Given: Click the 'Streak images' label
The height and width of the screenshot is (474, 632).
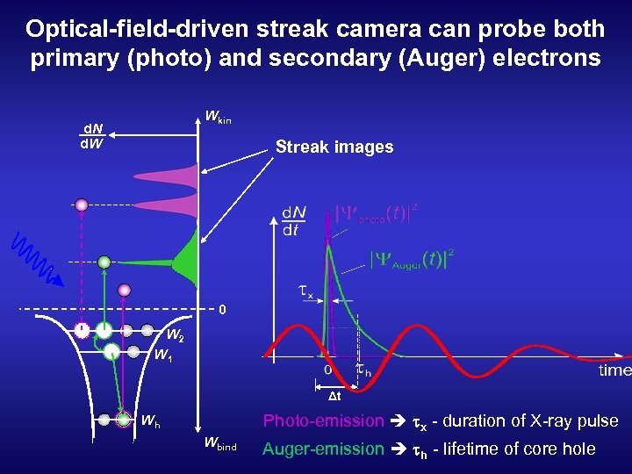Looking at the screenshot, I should pyautogui.click(x=334, y=147).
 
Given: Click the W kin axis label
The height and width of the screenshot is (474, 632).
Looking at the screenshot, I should pyautogui.click(x=217, y=116).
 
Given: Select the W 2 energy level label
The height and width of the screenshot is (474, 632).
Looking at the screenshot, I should pyautogui.click(x=174, y=335).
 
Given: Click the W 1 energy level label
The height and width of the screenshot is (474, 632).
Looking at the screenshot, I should pyautogui.click(x=162, y=355).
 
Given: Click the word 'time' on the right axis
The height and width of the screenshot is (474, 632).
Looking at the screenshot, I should pyautogui.click(x=614, y=370).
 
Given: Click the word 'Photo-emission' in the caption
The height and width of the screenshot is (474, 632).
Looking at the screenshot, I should pyautogui.click(x=323, y=421).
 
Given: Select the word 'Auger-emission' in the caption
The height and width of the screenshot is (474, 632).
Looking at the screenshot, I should pyautogui.click(x=323, y=449).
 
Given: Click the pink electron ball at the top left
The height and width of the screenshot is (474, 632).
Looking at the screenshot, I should pyautogui.click(x=82, y=205).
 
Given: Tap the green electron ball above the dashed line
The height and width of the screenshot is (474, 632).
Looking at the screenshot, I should pyautogui.click(x=104, y=261).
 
